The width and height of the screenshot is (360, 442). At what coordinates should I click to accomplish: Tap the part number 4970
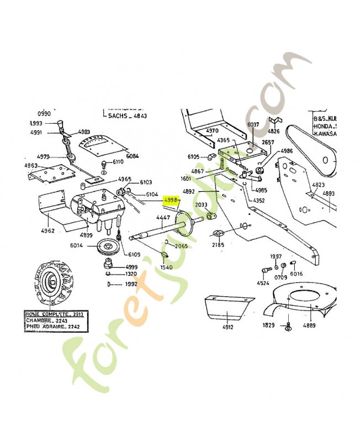point(213,131)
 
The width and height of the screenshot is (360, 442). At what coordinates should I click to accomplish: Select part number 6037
point(253,125)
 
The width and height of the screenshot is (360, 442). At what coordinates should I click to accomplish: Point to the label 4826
point(274,131)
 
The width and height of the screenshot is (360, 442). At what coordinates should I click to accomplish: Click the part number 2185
point(219,243)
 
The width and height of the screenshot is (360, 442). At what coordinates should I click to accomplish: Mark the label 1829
point(269,325)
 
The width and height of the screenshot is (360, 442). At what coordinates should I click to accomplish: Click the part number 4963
point(31,165)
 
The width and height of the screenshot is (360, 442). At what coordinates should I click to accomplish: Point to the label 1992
point(130,284)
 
